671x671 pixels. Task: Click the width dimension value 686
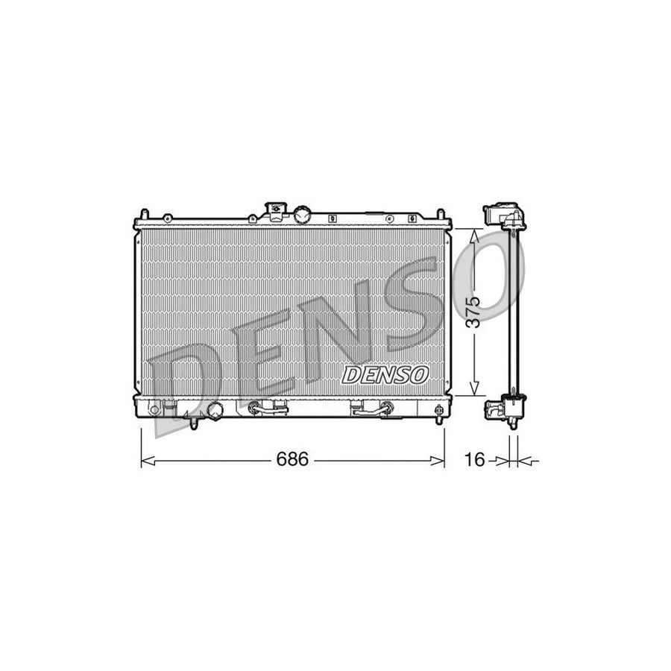[x=292, y=460]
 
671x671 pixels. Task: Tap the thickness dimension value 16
[x=474, y=460]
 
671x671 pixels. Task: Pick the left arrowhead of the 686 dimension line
[x=145, y=461]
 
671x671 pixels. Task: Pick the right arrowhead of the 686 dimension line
[x=441, y=461]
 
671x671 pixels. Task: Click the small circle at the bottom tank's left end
[x=154, y=409]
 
